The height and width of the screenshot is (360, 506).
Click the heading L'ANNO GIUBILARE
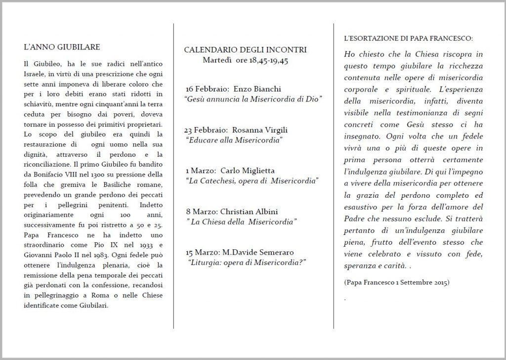[x=62, y=47]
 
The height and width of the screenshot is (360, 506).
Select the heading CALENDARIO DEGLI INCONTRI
[x=245, y=50]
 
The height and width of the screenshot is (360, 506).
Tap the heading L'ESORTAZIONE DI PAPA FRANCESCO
[x=408, y=38]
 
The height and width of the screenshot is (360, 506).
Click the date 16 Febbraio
[x=203, y=89]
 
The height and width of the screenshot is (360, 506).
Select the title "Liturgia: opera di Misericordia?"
[x=248, y=262]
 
